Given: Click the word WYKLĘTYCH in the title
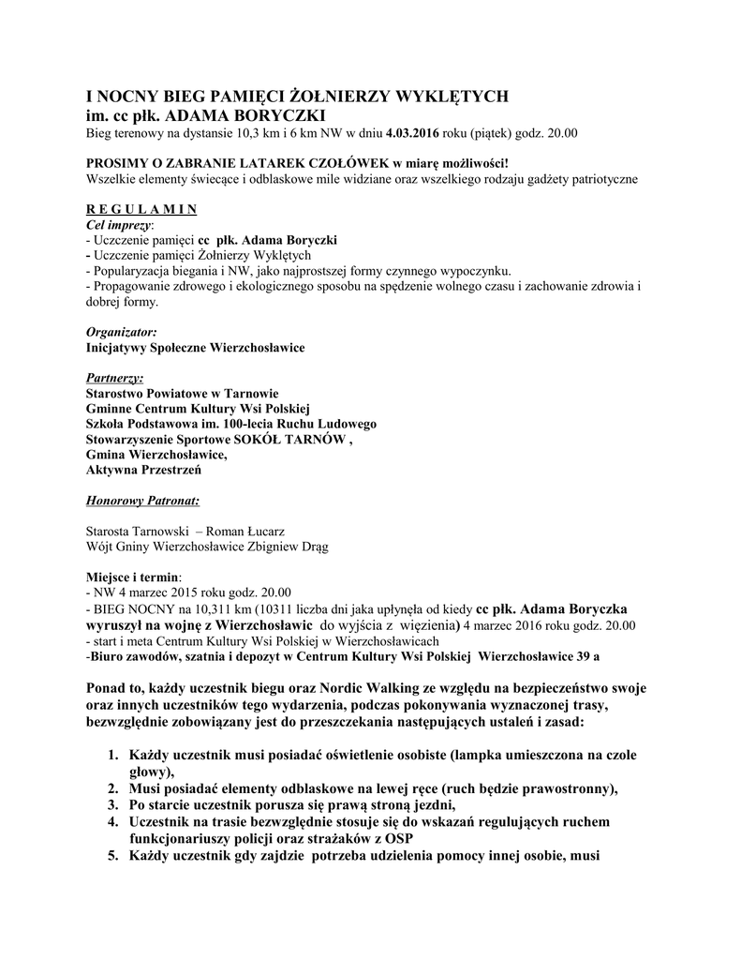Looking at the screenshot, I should pyautogui.click(x=455, y=97).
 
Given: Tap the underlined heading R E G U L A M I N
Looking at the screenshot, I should pyautogui.click(x=141, y=208).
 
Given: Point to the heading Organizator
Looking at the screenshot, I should pyautogui.click(x=121, y=332).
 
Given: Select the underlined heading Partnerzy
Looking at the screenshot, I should pyautogui.click(x=115, y=378).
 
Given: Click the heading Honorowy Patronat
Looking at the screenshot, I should pyautogui.click(x=142, y=500).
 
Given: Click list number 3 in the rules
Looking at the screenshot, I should pyautogui.click(x=111, y=804).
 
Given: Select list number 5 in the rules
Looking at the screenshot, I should pyautogui.click(x=111, y=855).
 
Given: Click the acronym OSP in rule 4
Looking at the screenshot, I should pyautogui.click(x=398, y=838).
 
